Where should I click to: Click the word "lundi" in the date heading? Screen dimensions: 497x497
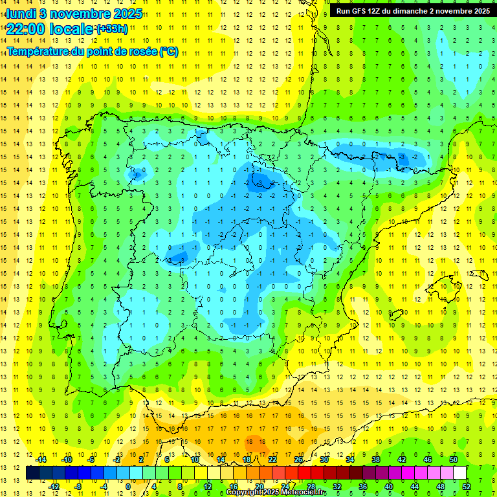(21, 13)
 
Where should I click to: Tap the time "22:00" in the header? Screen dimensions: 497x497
(25, 29)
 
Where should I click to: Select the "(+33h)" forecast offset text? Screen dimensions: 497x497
(112, 29)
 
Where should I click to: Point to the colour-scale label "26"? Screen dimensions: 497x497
(298, 459)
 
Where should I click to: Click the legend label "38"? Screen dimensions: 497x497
(376, 459)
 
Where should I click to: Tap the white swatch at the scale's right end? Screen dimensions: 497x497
(459, 473)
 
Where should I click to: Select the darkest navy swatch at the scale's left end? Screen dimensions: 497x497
(32, 473)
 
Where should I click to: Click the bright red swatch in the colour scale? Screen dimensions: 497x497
(304, 473)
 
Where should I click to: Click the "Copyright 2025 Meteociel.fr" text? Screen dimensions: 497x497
(276, 492)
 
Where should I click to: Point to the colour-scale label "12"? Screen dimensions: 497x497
(208, 487)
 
